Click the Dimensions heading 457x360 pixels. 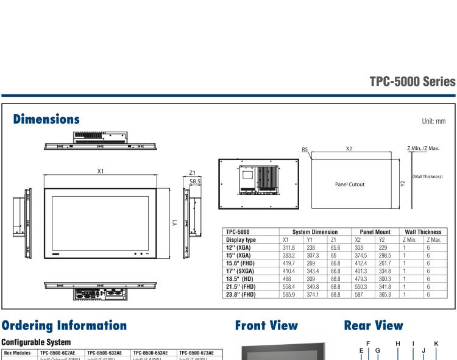46,119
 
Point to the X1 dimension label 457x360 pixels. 101,171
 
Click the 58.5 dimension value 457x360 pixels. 196,182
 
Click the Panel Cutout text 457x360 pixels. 350,184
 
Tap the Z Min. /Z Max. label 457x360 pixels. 423,148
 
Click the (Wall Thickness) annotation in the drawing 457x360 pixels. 430,177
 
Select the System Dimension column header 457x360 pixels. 315,232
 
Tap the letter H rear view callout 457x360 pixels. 398,344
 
